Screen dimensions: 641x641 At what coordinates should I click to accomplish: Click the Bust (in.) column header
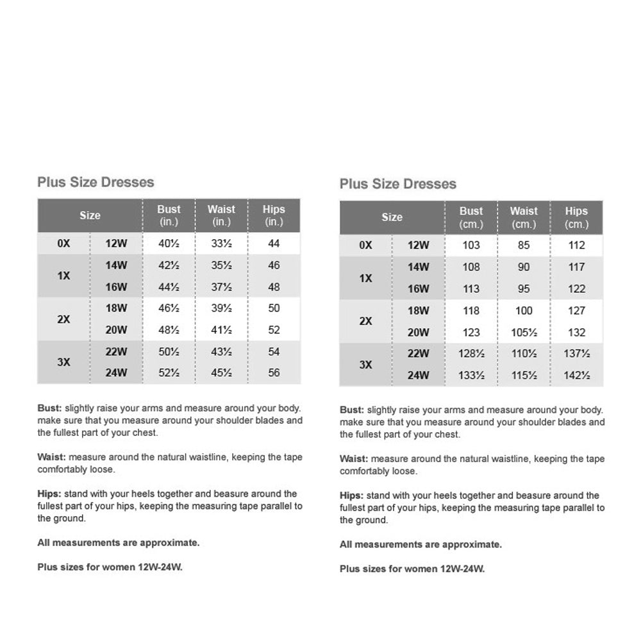point(169,215)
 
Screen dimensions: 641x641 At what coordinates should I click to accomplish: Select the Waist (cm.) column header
point(524,217)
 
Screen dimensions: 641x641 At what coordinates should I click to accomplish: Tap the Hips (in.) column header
point(274,215)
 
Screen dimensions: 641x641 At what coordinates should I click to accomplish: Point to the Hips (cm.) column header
point(576,217)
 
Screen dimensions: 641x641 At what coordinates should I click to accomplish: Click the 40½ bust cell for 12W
point(169,244)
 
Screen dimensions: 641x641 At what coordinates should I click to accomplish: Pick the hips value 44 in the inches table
point(274,244)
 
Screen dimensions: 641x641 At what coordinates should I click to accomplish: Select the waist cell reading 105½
point(524,332)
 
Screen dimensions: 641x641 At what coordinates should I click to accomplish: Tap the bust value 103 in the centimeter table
point(471,246)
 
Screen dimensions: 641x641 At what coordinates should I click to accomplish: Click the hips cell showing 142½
point(576,376)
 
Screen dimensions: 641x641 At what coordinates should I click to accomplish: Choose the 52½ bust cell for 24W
point(169,373)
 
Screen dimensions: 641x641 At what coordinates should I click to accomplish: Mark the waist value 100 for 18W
point(524,311)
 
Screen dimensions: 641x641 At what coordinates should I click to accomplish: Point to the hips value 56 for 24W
point(274,373)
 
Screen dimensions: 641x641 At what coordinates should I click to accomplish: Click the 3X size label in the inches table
point(63,362)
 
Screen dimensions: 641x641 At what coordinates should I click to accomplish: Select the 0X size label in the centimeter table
point(365,246)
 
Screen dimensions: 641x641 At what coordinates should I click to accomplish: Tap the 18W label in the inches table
point(117,308)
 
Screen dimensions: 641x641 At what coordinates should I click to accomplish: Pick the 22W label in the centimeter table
point(418,354)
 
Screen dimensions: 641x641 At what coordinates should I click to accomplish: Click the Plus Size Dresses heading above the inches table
point(96,182)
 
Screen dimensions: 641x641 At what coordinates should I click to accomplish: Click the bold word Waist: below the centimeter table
point(353,459)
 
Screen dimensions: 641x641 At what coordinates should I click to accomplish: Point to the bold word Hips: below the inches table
point(49,494)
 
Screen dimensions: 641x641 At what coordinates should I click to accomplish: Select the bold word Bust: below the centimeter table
point(352,410)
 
